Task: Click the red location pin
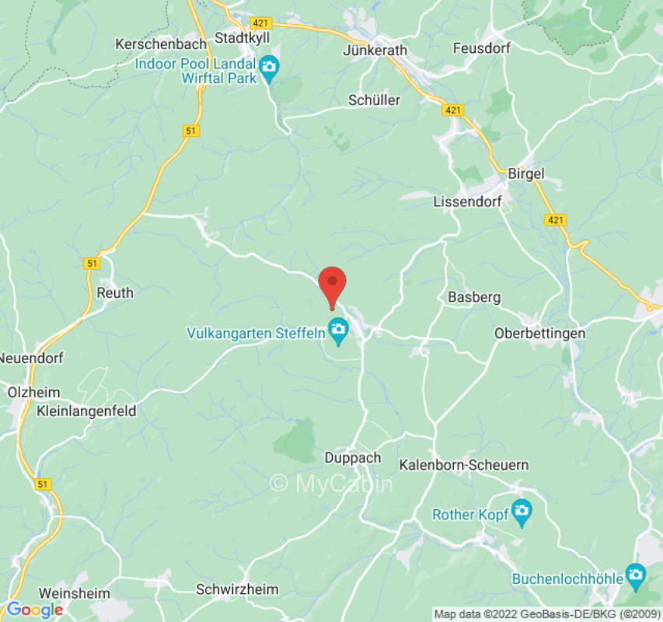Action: (x=333, y=283)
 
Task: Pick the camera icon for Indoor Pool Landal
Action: (x=270, y=66)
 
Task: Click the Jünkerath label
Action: (x=375, y=50)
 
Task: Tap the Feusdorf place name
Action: (x=481, y=48)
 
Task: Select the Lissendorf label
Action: (x=466, y=201)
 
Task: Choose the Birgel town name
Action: (x=526, y=173)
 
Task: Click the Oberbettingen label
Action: (x=539, y=333)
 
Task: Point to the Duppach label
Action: (x=352, y=458)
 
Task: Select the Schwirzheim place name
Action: (x=237, y=589)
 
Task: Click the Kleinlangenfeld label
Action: (x=86, y=411)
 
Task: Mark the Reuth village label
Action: (x=114, y=293)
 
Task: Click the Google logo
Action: (x=33, y=610)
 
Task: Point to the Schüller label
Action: (x=374, y=100)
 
